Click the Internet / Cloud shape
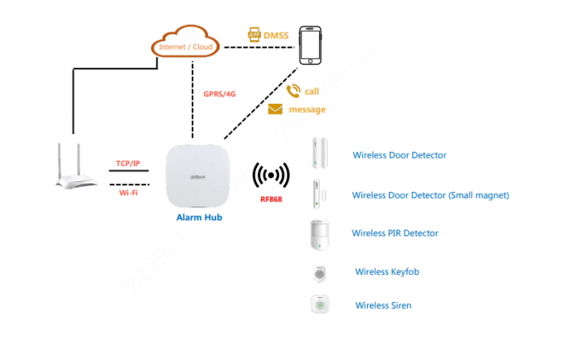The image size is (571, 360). (185, 45)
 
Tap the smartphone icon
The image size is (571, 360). (310, 46)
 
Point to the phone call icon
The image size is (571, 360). (293, 91)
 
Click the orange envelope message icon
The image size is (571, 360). (276, 109)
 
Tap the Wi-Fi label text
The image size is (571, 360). (127, 193)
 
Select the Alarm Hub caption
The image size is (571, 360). (198, 218)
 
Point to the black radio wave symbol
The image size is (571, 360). (271, 176)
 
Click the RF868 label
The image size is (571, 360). (271, 199)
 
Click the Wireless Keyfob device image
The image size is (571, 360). (319, 273)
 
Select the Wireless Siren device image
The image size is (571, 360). (319, 304)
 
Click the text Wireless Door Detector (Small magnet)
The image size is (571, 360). (430, 195)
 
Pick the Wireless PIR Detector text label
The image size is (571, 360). (395, 233)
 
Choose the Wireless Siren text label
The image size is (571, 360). (383, 305)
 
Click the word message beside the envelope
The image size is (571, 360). (307, 109)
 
